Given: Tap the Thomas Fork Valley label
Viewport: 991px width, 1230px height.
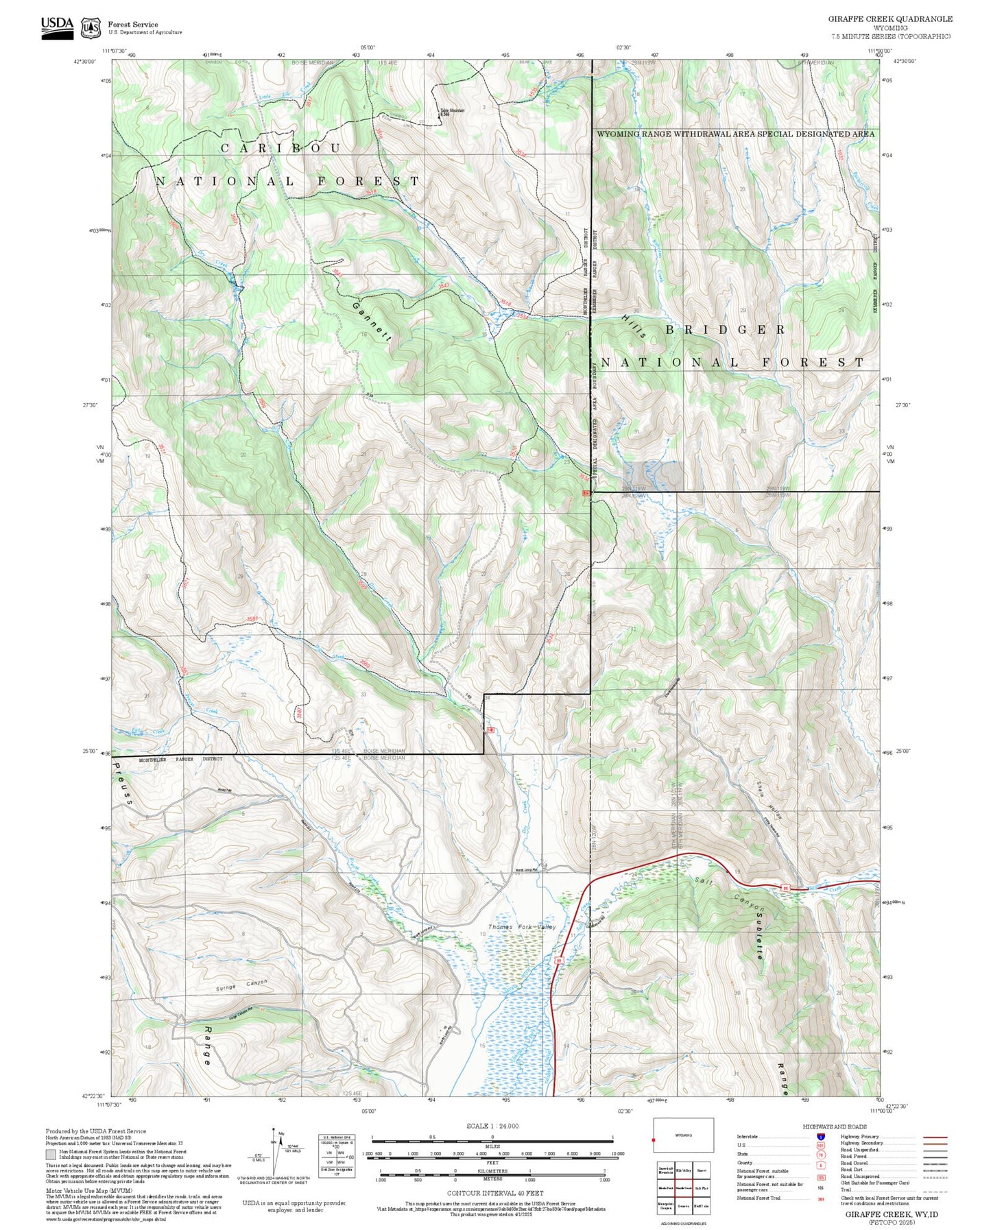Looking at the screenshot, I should pos(521,927).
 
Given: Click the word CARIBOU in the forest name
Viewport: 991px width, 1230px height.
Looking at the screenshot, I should pos(280,149).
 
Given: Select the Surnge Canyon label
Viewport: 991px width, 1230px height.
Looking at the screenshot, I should pos(241,986).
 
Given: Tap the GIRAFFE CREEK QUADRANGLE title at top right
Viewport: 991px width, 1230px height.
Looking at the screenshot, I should pos(890,19).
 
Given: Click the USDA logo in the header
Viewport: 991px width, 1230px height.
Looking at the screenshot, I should pos(57,27).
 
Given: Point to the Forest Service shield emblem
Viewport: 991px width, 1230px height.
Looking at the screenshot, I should pos(91,28).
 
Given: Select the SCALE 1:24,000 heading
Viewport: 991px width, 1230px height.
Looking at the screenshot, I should pos(492,1126).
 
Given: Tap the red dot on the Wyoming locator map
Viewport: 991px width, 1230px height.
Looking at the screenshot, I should pos(654,1141).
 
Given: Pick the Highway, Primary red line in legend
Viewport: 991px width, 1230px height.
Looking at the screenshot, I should pos(935,1137).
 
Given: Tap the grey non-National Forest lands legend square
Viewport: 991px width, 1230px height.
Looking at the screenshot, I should pos(51,1154).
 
